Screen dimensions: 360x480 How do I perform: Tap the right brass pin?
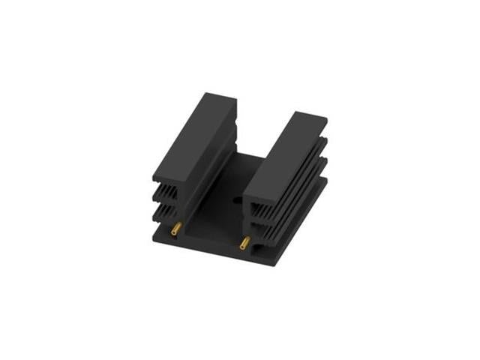point(244,243)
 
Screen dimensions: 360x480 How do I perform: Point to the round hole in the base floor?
point(237,200)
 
